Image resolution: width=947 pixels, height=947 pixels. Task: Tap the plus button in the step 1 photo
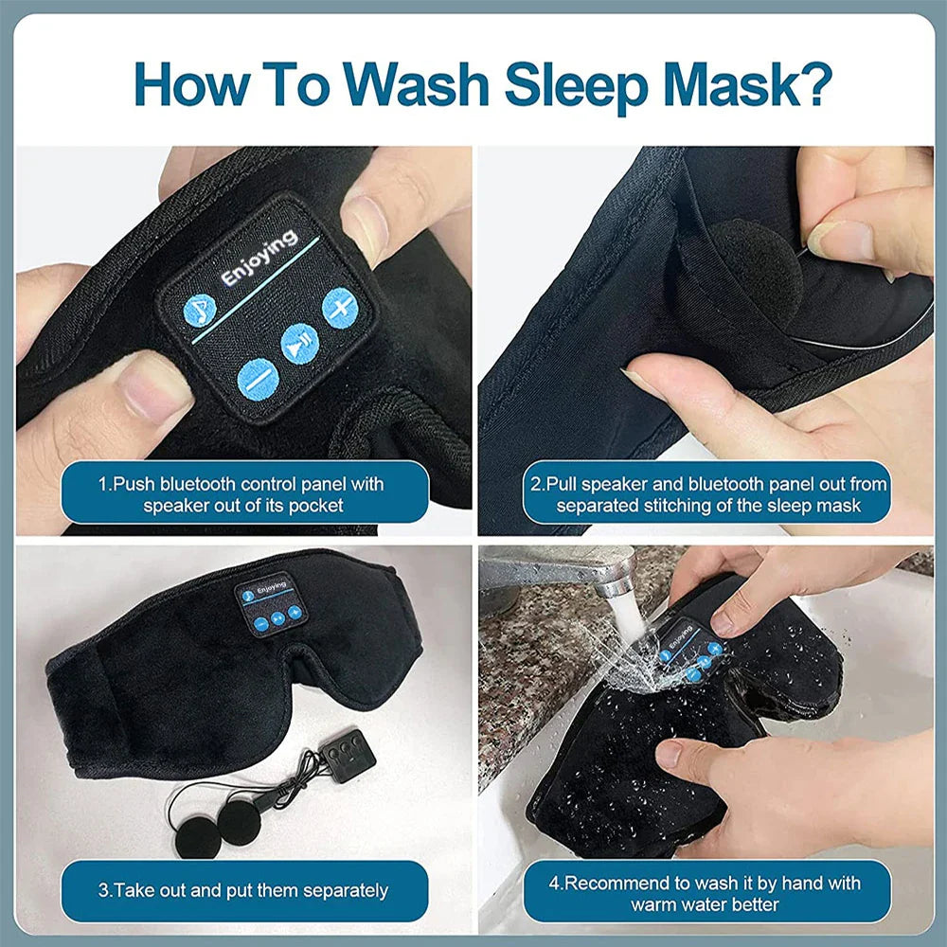point(339,307)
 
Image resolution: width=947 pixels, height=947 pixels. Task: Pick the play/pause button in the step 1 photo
point(299,343)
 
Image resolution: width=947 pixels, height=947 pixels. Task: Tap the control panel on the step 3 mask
point(270,602)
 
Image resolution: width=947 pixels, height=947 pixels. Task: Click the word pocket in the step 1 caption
point(316,506)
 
